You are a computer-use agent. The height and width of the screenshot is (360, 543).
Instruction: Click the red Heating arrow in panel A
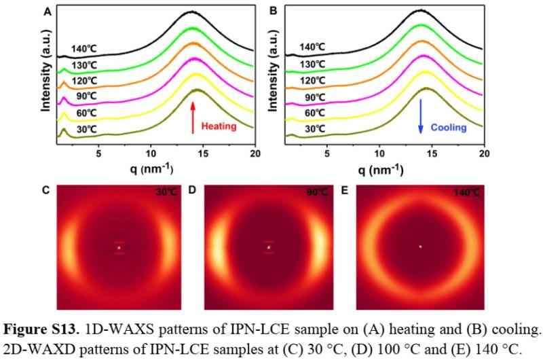pos(194,116)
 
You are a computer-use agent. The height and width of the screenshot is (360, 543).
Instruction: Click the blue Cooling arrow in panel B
pos(421,116)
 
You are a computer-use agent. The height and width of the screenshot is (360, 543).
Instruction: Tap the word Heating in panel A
pos(218,126)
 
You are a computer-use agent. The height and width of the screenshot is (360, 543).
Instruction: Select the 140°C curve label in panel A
pos(85,48)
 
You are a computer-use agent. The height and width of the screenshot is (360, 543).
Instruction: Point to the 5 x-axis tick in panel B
pos(328,154)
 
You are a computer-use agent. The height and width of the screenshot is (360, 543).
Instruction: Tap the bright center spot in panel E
pos(420,247)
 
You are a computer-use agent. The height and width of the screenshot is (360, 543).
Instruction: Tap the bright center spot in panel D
pos(269,247)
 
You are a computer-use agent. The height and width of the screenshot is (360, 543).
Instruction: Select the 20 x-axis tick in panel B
pos(483,154)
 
